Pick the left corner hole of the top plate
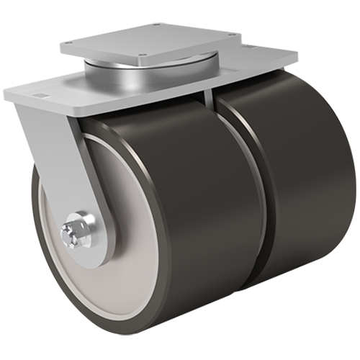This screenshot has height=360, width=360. [70, 42]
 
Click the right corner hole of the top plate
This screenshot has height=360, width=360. [230, 35]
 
